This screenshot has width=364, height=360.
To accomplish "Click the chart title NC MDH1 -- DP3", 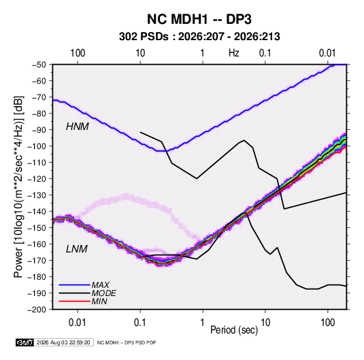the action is [199, 19].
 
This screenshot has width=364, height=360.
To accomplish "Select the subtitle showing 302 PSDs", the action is [199, 37].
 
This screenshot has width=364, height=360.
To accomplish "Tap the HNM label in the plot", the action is [78, 127].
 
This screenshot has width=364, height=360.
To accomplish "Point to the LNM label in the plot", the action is [77, 249].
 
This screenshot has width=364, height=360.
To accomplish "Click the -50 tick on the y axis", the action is [39, 65].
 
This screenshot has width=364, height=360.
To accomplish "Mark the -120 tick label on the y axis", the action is [37, 179].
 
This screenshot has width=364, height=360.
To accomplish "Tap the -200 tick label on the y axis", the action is [37, 310].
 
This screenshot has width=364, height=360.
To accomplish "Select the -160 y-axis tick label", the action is [37, 244].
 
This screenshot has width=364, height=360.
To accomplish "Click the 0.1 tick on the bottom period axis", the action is [140, 323].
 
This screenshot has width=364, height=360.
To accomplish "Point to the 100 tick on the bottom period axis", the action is [327, 323].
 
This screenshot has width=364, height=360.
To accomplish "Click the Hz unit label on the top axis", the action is [234, 53].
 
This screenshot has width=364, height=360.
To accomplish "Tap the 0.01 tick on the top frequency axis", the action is [327, 53].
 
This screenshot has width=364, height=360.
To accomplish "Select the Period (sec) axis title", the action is [234, 330].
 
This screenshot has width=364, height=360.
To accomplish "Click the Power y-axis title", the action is [18, 186].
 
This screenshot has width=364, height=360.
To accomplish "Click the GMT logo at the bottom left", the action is [24, 342].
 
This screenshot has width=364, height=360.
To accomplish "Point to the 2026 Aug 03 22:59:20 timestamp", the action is [63, 342].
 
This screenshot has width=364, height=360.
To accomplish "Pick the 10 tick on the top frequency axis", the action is [140, 53].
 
